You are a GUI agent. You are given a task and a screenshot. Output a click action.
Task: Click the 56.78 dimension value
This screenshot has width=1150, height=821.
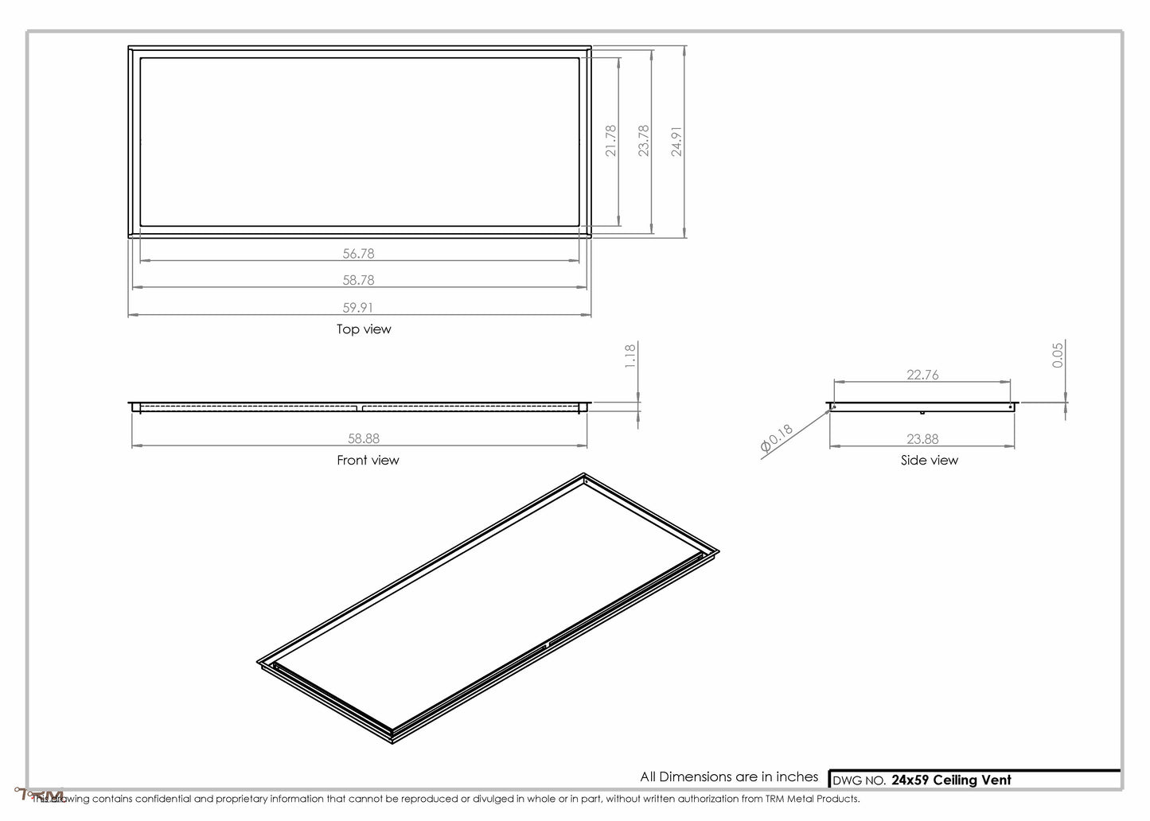pos(358,254)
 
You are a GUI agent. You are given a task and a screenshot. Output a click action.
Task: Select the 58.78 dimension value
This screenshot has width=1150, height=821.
pos(358,280)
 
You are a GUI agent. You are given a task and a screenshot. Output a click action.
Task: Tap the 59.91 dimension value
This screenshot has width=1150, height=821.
pos(358,307)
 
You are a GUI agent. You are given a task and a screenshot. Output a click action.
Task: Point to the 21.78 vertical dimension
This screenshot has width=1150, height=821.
pos(611,140)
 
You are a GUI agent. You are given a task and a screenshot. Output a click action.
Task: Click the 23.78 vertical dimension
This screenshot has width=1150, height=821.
pos(644,140)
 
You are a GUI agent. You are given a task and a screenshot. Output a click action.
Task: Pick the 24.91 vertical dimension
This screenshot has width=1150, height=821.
pos(676,140)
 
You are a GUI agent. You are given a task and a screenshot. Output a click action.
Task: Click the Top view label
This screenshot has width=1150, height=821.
pos(364,329)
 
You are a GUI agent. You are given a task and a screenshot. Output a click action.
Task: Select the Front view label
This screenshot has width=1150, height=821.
pos(368,460)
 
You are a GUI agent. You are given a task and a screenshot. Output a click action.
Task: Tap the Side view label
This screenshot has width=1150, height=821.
pos(929,460)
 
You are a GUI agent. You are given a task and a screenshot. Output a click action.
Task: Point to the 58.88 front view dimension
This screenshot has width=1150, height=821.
pos(364,438)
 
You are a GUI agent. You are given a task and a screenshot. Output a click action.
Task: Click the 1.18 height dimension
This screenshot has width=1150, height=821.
pos(630,355)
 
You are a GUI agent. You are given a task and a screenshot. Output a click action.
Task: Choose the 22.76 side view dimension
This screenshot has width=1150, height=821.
pos(922,375)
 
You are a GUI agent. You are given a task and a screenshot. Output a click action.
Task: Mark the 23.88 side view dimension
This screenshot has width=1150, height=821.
pos(922,438)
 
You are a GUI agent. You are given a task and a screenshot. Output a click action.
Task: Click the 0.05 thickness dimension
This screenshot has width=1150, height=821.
pos(1058,354)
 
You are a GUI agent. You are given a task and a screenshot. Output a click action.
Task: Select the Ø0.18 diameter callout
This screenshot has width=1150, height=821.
pos(777,440)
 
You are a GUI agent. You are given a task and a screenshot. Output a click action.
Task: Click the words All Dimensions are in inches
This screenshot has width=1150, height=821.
pos(729,776)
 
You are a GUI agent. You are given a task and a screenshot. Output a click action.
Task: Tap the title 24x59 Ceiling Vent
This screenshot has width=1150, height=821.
pos(951,780)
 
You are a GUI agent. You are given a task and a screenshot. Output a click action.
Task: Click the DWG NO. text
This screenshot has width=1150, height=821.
pos(859,780)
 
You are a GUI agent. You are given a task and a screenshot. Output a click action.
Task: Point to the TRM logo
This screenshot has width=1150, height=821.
pos(40,795)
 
